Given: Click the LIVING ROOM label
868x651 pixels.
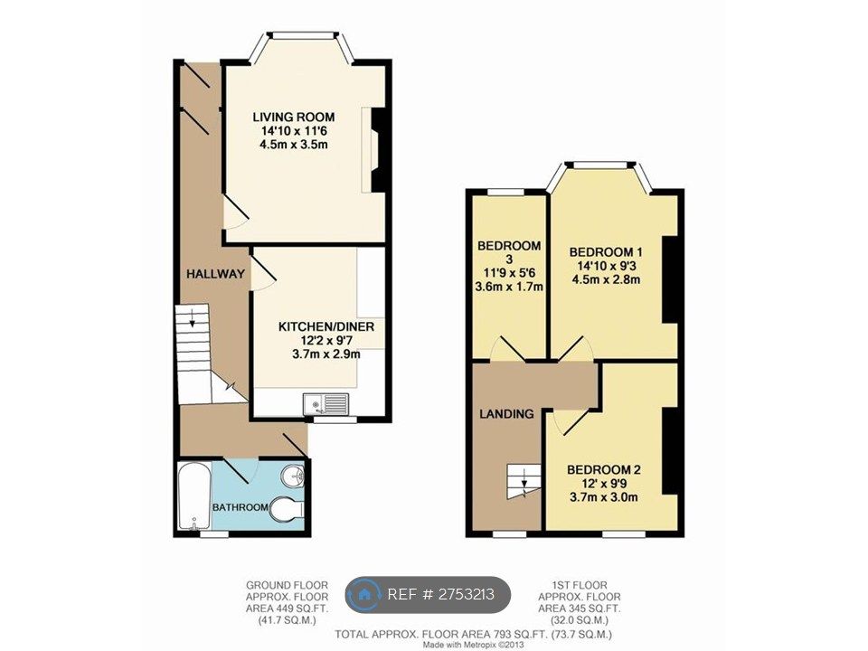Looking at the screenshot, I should click(x=293, y=117).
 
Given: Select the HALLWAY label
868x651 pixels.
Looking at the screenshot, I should click(x=215, y=273).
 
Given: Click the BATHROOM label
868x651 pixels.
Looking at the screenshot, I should click(x=240, y=507).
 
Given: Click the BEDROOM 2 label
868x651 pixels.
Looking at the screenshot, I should click(x=603, y=469).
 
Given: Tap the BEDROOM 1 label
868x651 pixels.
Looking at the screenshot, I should click(x=605, y=251).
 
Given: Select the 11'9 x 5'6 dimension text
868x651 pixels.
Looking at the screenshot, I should click(x=508, y=274).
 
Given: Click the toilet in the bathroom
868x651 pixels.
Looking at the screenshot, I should click(x=288, y=509).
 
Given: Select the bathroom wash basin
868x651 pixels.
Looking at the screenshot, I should click(x=292, y=476).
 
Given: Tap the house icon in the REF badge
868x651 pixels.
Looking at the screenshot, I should click(x=365, y=594).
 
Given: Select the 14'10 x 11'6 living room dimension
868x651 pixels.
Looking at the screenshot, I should click(x=293, y=131).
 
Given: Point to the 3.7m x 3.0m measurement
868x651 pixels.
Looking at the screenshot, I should click(x=603, y=496).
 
